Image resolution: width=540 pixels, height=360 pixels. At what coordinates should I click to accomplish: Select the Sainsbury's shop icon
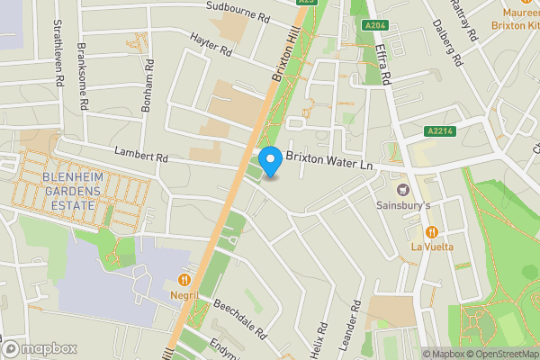tap(401, 189)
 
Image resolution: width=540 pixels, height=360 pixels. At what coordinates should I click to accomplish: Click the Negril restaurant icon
tap(184, 279)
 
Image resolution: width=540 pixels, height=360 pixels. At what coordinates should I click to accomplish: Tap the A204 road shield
tap(375, 25)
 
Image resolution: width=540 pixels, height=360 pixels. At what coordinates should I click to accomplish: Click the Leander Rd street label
tap(356, 327)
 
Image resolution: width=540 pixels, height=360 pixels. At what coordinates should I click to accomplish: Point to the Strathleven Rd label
tap(58, 53)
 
